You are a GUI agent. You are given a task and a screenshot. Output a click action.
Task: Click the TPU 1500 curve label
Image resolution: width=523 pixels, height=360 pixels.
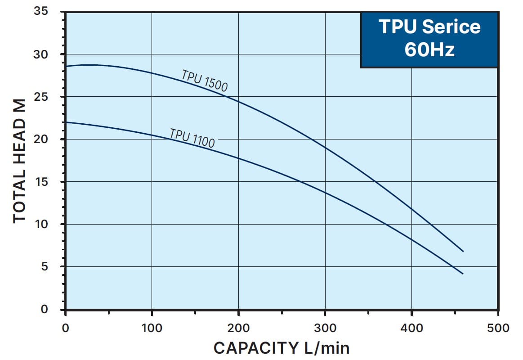(x=205, y=81)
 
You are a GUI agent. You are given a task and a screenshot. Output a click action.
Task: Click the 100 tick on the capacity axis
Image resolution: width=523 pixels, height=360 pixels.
(x=152, y=328)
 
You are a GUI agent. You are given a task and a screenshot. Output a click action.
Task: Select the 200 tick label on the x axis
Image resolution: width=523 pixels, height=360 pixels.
(x=238, y=328)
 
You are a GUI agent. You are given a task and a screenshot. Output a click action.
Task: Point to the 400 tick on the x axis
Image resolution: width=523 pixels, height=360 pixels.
(x=411, y=328)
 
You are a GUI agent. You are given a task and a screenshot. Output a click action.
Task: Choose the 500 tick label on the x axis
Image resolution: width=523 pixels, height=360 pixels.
(x=498, y=328)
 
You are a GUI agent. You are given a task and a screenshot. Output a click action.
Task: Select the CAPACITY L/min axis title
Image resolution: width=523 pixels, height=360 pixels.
(x=281, y=348)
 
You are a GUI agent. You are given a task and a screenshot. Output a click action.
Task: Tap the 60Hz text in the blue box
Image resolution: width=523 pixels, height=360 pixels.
(x=429, y=49)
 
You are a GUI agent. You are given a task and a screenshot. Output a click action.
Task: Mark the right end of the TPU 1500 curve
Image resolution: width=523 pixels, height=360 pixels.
(x=463, y=251)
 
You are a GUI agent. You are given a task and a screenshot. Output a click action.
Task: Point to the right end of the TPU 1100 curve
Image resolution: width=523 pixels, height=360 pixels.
(x=463, y=274)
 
